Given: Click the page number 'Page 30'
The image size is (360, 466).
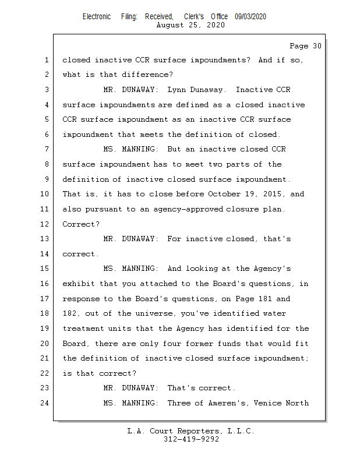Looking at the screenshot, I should coord(305,46).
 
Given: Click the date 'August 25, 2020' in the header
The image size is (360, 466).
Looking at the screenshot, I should coord(190,26).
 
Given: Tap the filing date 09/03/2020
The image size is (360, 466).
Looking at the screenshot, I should coord(250,17).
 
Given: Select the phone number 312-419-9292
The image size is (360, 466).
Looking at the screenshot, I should coord(191,439).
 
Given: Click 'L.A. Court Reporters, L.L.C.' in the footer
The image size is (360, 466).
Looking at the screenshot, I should coord(191,431).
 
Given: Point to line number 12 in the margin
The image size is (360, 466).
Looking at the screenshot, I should coord(46,224).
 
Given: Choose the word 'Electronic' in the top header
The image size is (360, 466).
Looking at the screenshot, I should coord(97,17).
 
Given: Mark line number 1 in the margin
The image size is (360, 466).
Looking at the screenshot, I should coord(46,60).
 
